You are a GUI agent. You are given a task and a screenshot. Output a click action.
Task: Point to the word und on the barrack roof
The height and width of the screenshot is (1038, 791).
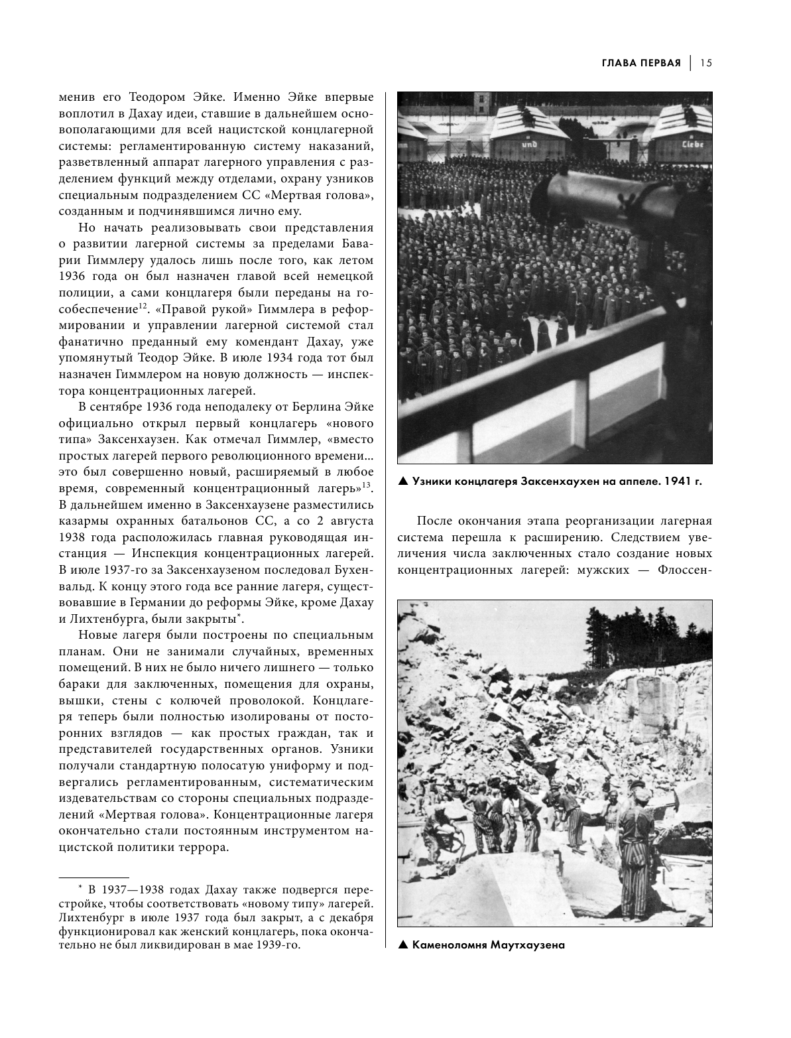[528, 143]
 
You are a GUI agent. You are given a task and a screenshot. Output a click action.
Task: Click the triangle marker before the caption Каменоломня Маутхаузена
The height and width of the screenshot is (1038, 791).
[402, 944]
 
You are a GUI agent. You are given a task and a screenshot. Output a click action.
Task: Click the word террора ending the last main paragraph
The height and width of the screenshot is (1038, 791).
[204, 847]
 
